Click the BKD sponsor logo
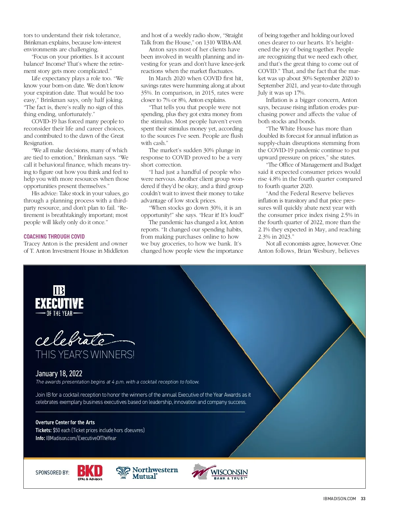(x=90, y=472)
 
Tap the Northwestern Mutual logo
(x=147, y=473)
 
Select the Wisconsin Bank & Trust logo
(x=220, y=472)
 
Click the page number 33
(x=363, y=499)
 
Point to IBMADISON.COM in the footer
(x=339, y=499)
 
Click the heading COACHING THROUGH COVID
(x=54, y=236)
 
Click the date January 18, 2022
(x=59, y=373)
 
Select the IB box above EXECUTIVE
(x=59, y=291)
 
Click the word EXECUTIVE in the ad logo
(x=59, y=303)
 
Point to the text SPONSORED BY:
(x=52, y=473)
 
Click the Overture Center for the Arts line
(x=65, y=422)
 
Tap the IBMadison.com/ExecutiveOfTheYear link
(x=81, y=438)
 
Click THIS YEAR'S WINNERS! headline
(x=85, y=355)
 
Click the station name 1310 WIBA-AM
(x=223, y=42)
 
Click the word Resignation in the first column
(x=38, y=143)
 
